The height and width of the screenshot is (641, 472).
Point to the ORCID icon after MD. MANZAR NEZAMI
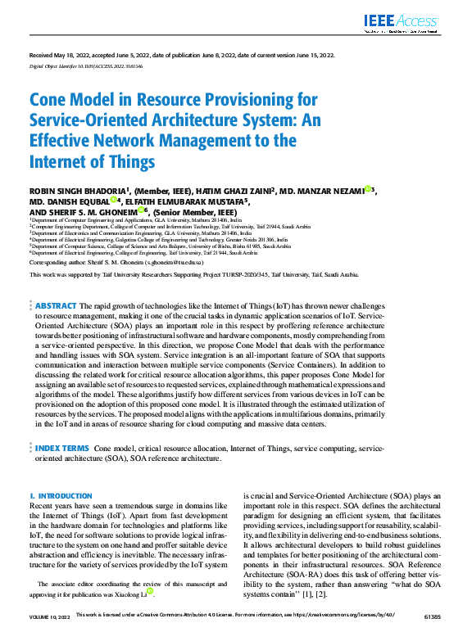pyautogui.click(x=368, y=189)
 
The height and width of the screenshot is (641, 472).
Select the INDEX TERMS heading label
pyautogui.click(x=62, y=449)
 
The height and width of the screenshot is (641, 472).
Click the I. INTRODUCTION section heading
pyautogui.click(x=61, y=496)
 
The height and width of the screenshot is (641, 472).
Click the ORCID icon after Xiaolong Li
pyautogui.click(x=150, y=590)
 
